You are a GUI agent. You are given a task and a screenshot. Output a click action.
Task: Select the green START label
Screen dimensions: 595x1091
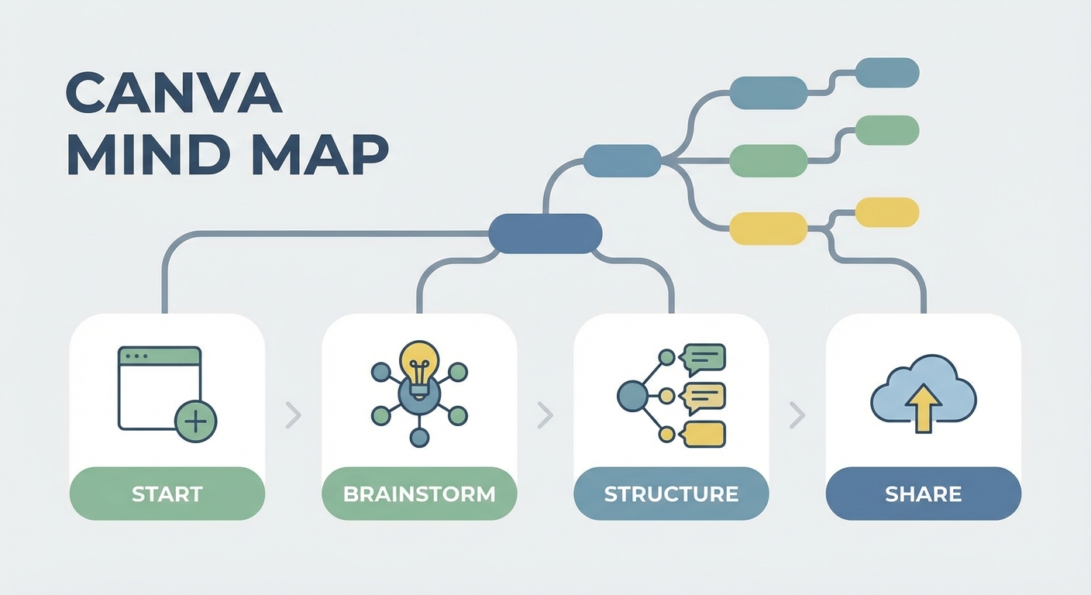coord(167,494)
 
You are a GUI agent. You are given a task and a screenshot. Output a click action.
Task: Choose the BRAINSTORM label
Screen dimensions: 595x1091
coord(419,494)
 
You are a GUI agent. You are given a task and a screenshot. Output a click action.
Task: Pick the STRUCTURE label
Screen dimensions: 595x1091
coord(671,494)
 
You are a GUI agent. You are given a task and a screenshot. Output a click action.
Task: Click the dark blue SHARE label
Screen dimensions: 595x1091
coord(924,494)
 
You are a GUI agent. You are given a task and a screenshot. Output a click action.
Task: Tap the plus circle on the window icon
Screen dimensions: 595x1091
coord(196,421)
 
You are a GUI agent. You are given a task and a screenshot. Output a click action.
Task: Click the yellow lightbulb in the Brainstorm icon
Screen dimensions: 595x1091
coord(419,362)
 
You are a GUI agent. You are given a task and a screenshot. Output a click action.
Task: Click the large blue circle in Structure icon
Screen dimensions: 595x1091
coord(632,396)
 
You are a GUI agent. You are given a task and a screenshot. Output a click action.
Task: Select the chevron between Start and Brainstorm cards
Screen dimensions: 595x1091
coord(293,415)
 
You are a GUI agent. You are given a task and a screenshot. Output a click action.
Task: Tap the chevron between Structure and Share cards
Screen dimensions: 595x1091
coord(797,415)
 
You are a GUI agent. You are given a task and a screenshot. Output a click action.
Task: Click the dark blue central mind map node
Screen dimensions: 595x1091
coord(545,233)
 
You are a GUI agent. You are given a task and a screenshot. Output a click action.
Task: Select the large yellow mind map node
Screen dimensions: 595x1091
coord(769,228)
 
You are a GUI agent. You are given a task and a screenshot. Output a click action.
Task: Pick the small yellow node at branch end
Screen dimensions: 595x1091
coord(887,212)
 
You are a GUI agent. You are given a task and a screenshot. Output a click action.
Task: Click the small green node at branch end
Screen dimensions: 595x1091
coord(887,130)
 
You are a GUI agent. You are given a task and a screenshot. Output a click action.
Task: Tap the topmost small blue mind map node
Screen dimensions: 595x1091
coord(887,72)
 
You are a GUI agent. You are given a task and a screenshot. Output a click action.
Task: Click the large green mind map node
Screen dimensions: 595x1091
coord(769,160)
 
